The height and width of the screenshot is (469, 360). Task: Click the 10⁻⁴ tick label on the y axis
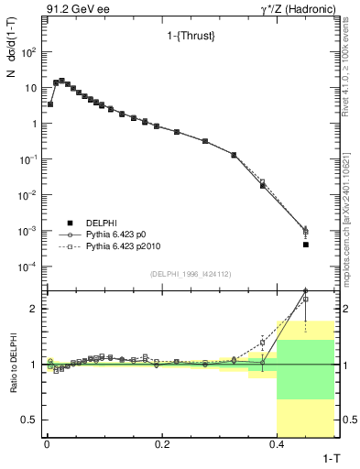click(x=28, y=267)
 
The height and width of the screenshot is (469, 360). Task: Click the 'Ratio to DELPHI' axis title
click(x=12, y=364)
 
